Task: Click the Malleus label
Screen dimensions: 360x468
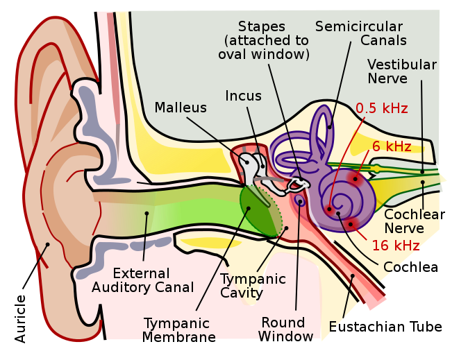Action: (181, 108)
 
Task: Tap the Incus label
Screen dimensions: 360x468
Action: (243, 96)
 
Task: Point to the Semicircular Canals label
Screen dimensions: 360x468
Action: (360, 33)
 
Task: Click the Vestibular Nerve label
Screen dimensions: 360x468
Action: (401, 71)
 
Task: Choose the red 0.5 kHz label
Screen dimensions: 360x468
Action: (381, 108)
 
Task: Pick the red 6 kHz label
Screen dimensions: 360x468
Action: (392, 146)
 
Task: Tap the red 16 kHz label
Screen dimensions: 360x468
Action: (396, 245)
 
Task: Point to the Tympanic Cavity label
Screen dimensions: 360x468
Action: (253, 286)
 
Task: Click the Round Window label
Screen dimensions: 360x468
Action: (283, 329)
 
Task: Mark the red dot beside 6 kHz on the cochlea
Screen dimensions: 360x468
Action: (354, 179)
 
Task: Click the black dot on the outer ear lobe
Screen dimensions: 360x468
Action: (47, 244)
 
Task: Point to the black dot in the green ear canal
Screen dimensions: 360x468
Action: (147, 213)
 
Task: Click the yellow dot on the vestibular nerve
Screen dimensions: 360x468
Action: (376, 169)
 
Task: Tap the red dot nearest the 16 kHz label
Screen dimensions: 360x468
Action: (351, 223)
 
